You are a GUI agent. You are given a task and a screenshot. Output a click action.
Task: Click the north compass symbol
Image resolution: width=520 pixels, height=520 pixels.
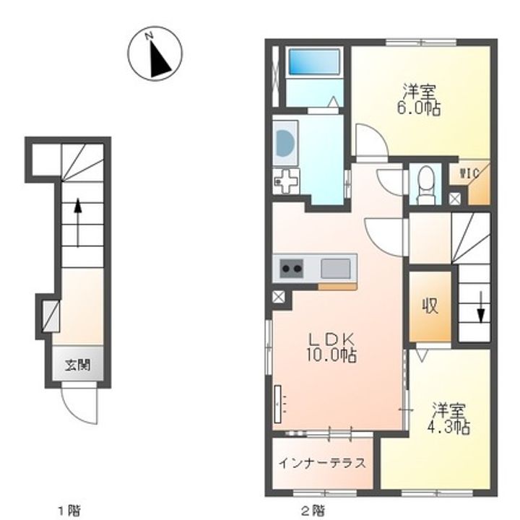click(x=155, y=53)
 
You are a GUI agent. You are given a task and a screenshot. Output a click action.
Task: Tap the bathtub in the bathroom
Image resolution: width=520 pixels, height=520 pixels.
click(x=314, y=62)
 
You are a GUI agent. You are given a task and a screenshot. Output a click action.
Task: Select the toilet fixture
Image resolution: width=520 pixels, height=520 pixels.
click(x=426, y=184)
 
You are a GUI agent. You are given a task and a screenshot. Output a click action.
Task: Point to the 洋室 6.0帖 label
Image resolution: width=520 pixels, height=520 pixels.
click(x=419, y=99)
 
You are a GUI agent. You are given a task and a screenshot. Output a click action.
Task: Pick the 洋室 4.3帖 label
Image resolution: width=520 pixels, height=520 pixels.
click(x=448, y=418)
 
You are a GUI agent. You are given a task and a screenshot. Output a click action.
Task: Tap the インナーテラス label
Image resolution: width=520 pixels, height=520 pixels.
click(x=322, y=463)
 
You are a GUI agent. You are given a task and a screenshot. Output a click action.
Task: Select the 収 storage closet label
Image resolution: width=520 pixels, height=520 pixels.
click(x=430, y=305)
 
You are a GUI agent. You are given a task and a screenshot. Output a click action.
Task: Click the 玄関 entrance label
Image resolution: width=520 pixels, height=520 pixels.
click(x=77, y=365)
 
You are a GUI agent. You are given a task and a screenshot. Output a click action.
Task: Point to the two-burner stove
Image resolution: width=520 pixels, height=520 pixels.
click(x=292, y=268)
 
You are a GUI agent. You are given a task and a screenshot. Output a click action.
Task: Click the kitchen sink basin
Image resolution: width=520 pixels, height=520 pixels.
click(x=335, y=268)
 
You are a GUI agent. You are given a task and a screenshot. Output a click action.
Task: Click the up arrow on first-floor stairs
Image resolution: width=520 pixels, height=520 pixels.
click(x=77, y=223)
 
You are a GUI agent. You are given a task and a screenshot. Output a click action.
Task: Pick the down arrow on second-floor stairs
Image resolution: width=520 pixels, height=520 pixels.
click(x=480, y=307)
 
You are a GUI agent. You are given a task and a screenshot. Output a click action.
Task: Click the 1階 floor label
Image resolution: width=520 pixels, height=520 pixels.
click(x=69, y=510)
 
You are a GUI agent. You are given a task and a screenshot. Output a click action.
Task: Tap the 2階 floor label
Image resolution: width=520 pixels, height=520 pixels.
click(x=313, y=510)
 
